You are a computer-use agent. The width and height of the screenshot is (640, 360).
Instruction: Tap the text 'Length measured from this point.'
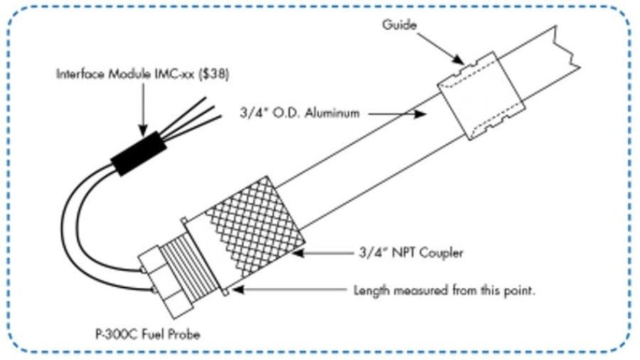444,290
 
